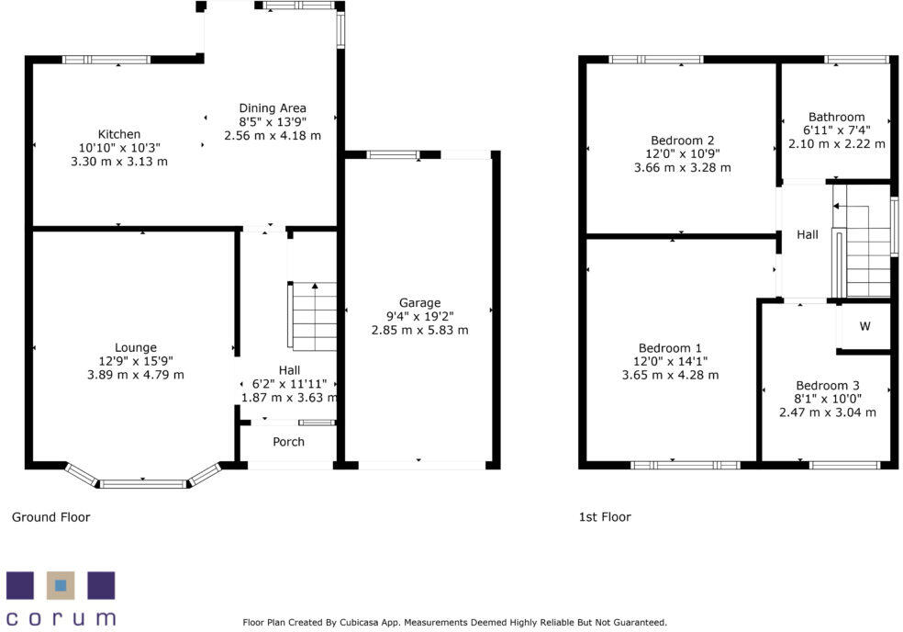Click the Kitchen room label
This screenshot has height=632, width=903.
click(x=119, y=134)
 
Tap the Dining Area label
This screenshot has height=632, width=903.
click(x=273, y=107)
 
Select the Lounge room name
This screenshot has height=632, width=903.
click(x=135, y=347)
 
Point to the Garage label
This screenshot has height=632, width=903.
click(x=419, y=302)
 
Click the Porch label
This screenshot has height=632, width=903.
click(x=288, y=442)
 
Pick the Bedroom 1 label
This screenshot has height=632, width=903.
click(x=670, y=348)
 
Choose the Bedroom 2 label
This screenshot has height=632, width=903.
click(x=682, y=140)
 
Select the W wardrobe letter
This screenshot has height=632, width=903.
click(x=865, y=326)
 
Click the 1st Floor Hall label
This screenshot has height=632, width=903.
click(x=808, y=235)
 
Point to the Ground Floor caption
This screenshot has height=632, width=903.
click(x=50, y=517)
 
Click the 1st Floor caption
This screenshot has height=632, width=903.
click(x=605, y=517)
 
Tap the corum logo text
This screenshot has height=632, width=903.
click(x=61, y=617)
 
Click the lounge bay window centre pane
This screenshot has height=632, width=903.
click(x=143, y=482)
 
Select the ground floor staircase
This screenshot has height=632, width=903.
click(x=315, y=316)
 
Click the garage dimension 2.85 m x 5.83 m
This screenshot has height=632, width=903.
click(x=419, y=330)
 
